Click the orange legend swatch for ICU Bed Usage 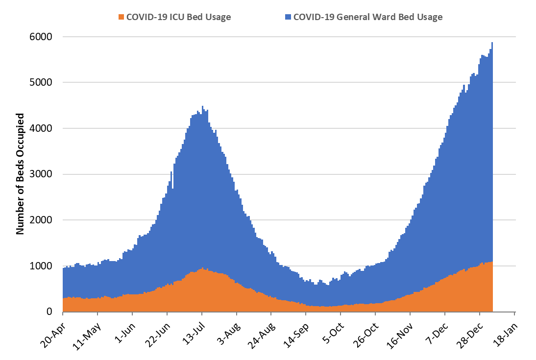[122, 17]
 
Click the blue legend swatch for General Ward [288, 17]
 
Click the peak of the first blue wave [202, 107]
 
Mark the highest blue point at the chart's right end [492, 43]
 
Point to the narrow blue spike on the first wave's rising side [171, 172]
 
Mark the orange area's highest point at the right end [491, 263]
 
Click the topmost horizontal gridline [289, 37]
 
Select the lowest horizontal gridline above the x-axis [289, 266]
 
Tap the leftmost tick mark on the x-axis [63, 314]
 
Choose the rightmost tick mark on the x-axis [514, 314]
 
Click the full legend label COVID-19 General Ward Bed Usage [367, 17]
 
